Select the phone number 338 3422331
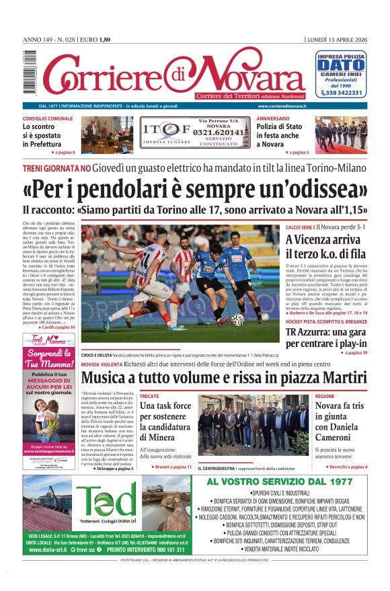click(x=344, y=93)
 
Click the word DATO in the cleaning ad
click(x=341, y=65)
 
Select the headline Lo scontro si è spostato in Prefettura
click(x=48, y=134)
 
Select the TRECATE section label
click(x=149, y=397)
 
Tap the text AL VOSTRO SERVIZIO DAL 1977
click(x=279, y=481)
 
